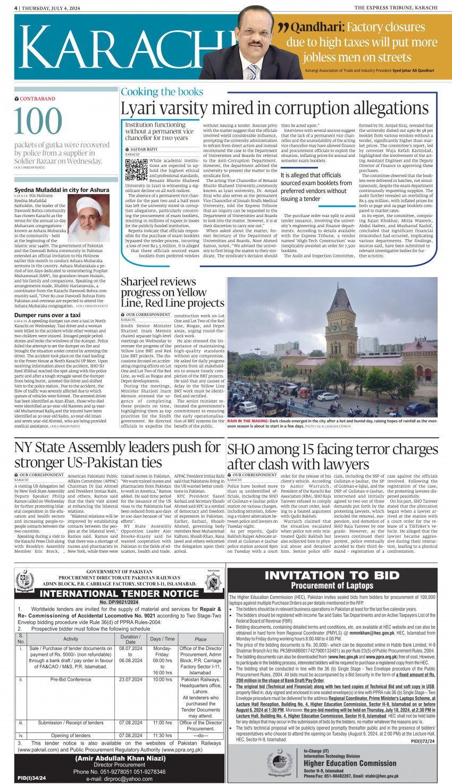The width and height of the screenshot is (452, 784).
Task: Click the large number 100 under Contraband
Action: click(38, 121)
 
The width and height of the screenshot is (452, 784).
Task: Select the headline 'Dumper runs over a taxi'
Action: click(47, 315)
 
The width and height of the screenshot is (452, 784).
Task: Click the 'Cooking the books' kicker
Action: click(162, 91)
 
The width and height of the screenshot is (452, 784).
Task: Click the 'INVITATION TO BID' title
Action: click(332, 575)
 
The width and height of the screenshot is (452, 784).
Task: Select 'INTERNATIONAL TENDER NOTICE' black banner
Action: click(120, 593)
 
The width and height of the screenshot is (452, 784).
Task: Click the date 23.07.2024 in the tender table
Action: click(131, 679)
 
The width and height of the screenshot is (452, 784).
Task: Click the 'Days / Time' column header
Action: click(162, 639)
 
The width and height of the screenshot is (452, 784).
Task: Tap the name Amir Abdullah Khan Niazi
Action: click(120, 758)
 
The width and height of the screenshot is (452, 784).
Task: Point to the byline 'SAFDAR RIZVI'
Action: click(144, 149)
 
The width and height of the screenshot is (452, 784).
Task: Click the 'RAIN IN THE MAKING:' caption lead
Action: click(248, 421)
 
